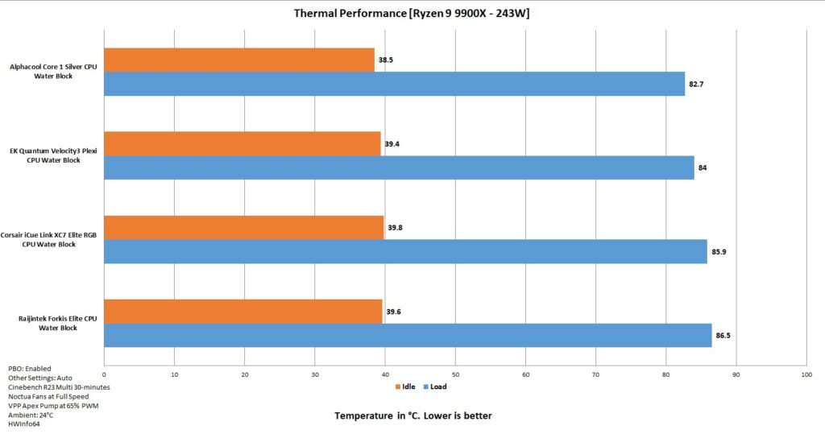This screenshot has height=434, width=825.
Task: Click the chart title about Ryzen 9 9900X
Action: tap(412, 13)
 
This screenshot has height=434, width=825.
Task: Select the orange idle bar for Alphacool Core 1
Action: tap(239, 60)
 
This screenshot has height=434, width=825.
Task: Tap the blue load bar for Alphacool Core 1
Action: tap(395, 84)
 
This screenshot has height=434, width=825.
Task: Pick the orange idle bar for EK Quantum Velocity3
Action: tap(243, 143)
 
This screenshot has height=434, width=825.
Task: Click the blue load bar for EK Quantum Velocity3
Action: tap(400, 167)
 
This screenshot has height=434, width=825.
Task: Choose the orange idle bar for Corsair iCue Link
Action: tap(244, 228)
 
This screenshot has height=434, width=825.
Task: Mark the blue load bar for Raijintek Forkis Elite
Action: tap(408, 335)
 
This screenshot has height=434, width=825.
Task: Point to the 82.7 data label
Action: tap(696, 85)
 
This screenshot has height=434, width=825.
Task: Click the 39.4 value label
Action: tap(392, 143)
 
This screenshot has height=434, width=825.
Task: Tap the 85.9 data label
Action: tap(719, 252)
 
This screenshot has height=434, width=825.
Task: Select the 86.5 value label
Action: tap(723, 336)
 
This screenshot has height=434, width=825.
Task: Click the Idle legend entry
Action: tap(405, 386)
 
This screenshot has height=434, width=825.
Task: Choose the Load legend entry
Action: tap(435, 386)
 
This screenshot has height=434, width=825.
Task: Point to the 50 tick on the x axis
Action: tap(456, 374)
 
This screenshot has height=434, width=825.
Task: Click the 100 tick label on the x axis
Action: tap(806, 374)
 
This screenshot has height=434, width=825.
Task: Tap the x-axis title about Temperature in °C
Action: tap(413, 415)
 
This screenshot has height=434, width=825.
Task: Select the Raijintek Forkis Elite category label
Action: tap(58, 323)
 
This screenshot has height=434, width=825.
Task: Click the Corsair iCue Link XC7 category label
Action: tap(48, 239)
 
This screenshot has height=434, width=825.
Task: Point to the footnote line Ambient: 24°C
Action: tap(31, 415)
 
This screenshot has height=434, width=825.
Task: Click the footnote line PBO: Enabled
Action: tap(30, 369)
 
